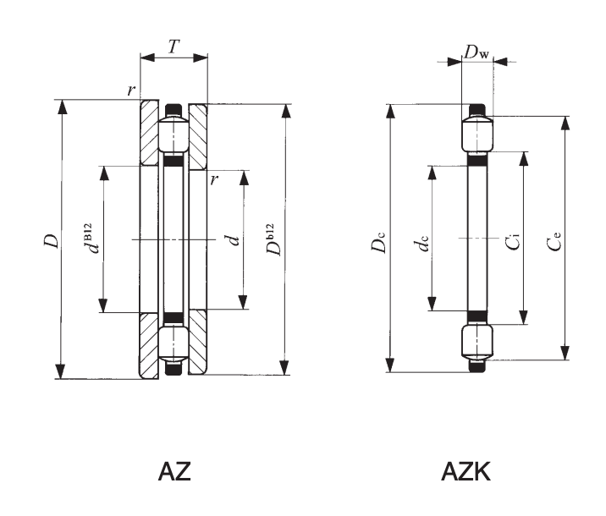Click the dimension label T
[x=174, y=47]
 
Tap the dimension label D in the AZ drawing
[x=52, y=240]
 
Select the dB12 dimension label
[x=94, y=238]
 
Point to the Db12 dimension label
[x=271, y=240]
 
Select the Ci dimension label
[x=512, y=240]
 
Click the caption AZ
[x=175, y=472]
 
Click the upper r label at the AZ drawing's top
[x=131, y=90]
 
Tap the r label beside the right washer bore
[x=215, y=180]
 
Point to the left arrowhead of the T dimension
[x=145, y=58]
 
